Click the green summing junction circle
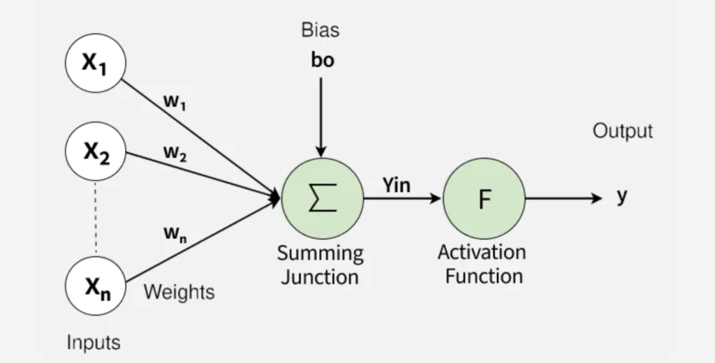pos(322,198)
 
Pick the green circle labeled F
pos(485,198)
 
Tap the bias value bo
pos(322,61)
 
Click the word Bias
pos(321,30)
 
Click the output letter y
pos(621,197)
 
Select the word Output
pos(622,131)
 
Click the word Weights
pos(179,292)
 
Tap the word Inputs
pos(94,342)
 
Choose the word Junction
pos(321,276)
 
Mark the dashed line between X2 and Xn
pos(95,218)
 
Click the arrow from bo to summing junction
pos(321,115)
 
